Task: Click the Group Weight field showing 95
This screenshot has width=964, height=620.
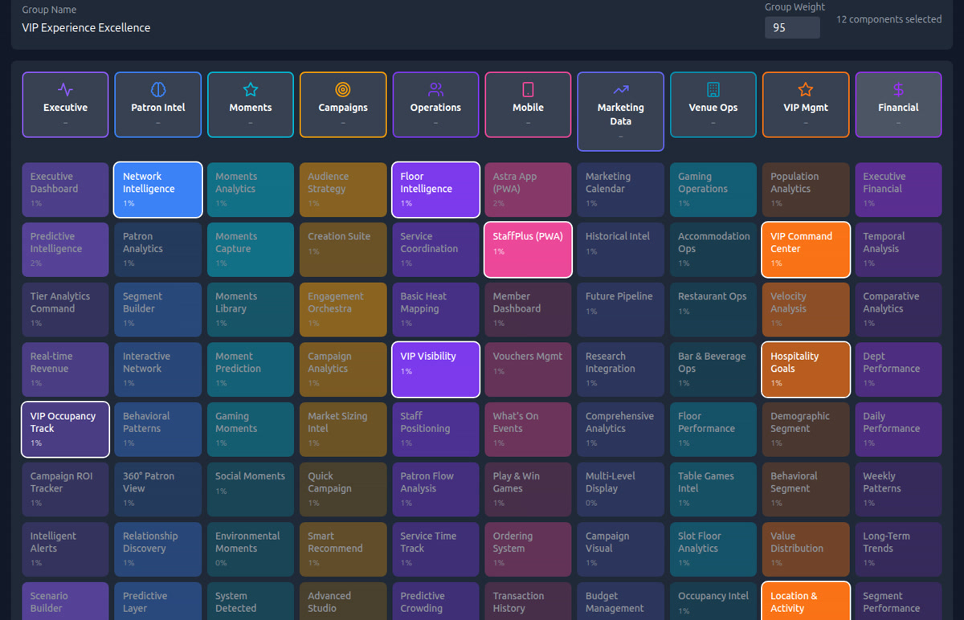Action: click(791, 27)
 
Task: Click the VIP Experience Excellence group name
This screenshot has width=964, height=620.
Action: click(86, 27)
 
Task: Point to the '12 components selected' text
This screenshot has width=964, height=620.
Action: click(888, 19)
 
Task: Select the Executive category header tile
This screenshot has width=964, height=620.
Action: click(65, 105)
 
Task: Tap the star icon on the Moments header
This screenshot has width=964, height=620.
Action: click(251, 89)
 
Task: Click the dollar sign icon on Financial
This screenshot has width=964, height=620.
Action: click(898, 89)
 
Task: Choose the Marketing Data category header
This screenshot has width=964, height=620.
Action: click(620, 112)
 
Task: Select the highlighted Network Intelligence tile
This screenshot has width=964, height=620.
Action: click(157, 190)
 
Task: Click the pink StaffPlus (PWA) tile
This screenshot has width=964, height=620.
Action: click(528, 250)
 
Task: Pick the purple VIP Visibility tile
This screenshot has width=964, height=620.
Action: click(435, 369)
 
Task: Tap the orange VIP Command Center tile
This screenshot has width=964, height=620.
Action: click(806, 250)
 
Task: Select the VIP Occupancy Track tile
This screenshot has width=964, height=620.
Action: click(65, 430)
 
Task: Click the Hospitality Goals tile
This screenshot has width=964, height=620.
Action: click(806, 369)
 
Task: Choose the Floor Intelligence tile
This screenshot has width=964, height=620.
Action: click(435, 190)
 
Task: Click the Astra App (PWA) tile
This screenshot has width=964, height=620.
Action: click(528, 190)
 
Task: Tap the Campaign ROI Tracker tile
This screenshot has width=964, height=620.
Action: click(65, 489)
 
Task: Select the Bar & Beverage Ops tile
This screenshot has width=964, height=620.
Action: click(713, 369)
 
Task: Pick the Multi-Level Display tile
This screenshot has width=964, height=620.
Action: click(620, 489)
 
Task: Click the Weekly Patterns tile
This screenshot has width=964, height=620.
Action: click(898, 489)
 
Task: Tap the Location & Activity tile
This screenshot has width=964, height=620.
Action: click(806, 601)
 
